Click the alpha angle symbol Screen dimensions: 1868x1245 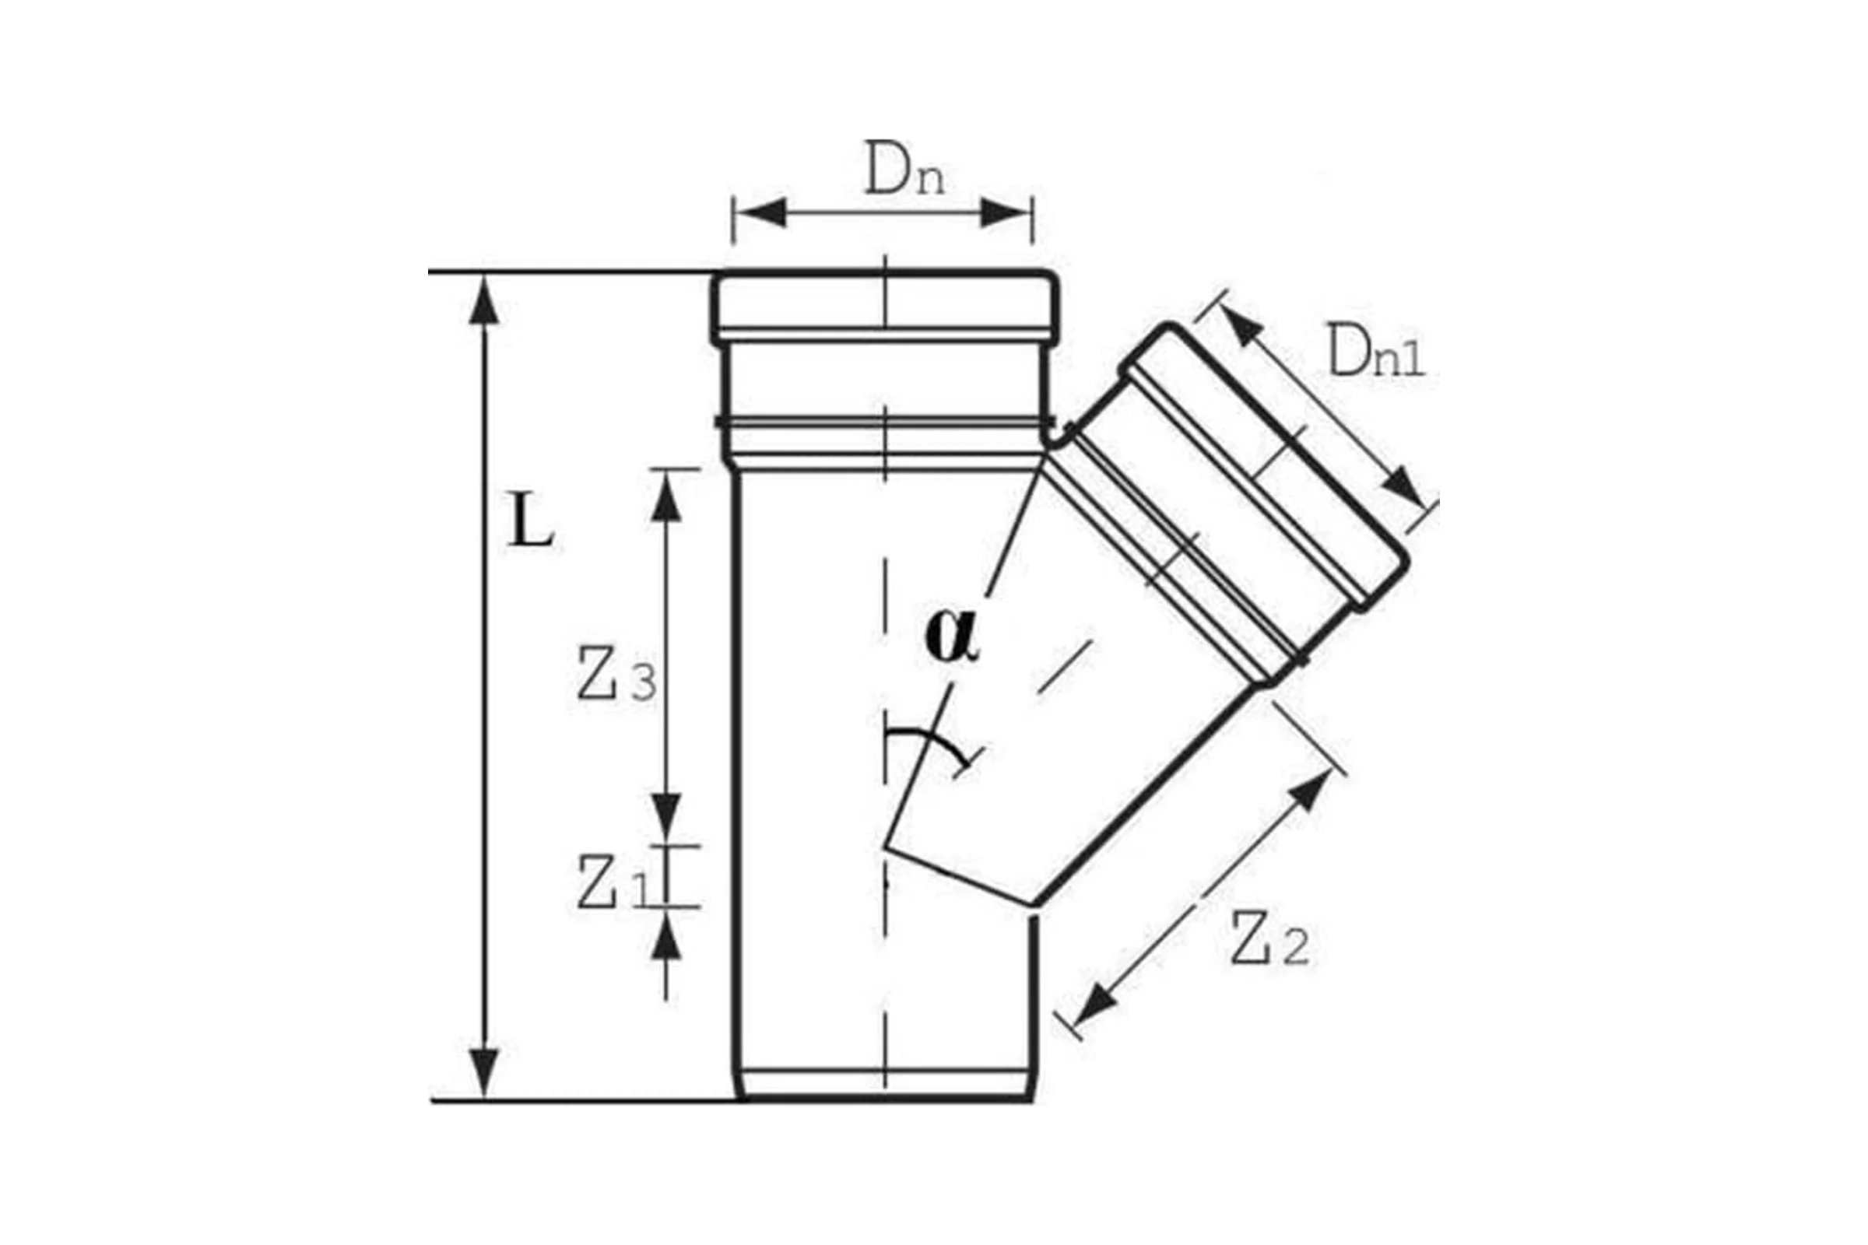click(952, 636)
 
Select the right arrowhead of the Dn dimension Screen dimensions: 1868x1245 click(1006, 213)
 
